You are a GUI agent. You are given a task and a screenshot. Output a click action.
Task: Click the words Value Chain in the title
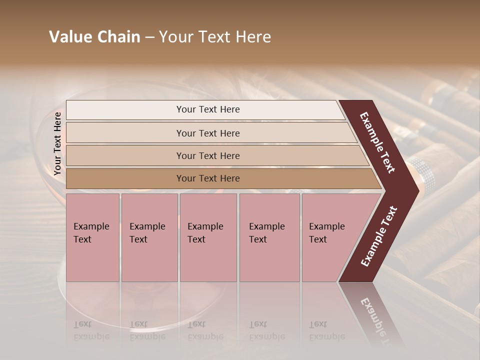click(x=94, y=37)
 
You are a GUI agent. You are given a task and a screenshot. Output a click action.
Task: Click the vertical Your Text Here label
click(x=57, y=143)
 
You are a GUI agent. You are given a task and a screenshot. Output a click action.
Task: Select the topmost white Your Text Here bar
click(x=207, y=109)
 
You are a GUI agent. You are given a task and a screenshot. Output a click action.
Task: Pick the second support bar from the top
click(x=207, y=133)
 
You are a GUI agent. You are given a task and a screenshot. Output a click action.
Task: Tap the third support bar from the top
click(x=207, y=155)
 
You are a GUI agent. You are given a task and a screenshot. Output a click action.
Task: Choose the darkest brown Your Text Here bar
click(x=207, y=178)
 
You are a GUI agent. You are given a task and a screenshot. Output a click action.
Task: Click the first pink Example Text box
click(x=92, y=237)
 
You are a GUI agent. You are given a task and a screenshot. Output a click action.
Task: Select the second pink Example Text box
click(x=149, y=237)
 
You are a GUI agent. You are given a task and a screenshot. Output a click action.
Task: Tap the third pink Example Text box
click(x=208, y=237)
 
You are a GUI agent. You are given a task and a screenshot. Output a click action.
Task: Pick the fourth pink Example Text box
click(x=269, y=237)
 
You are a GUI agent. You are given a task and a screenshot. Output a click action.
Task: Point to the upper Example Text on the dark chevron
click(x=377, y=142)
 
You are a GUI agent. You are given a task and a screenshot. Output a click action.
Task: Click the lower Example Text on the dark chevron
click(x=379, y=236)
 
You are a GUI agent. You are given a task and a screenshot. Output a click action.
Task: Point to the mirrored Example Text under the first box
click(x=91, y=330)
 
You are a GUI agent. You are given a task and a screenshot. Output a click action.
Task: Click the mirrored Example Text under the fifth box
click(x=326, y=330)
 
